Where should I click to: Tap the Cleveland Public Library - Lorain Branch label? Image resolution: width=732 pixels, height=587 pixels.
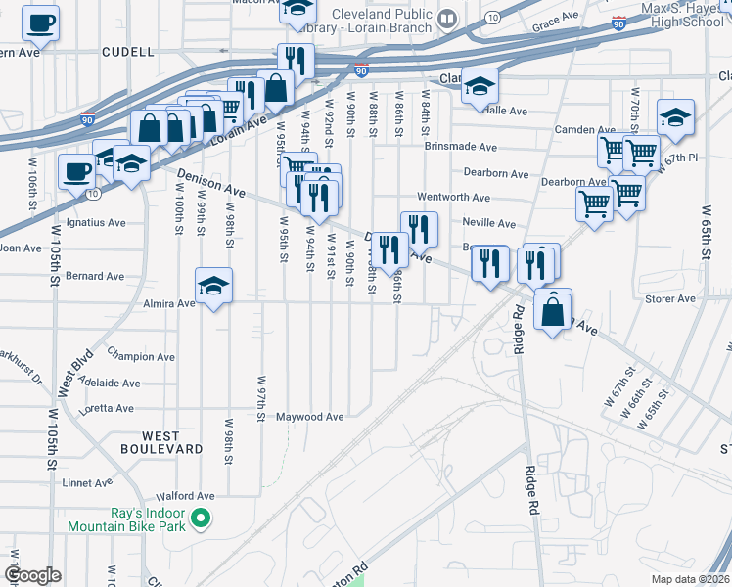(x=382, y=21)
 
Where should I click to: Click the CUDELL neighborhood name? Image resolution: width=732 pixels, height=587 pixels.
(x=127, y=51)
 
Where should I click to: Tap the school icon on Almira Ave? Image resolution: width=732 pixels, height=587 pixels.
(x=214, y=287)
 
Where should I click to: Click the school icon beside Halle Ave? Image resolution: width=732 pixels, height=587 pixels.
(x=480, y=87)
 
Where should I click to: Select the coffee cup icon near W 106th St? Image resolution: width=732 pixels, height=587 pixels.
(x=76, y=172)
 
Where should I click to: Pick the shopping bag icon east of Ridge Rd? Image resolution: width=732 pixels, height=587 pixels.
(x=553, y=313)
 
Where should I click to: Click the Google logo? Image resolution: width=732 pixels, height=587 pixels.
(x=32, y=575)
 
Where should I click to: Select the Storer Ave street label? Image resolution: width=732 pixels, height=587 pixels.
(x=670, y=298)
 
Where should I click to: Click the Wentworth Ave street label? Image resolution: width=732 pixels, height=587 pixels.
(x=453, y=198)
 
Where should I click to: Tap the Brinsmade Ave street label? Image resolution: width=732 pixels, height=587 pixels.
(x=461, y=147)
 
